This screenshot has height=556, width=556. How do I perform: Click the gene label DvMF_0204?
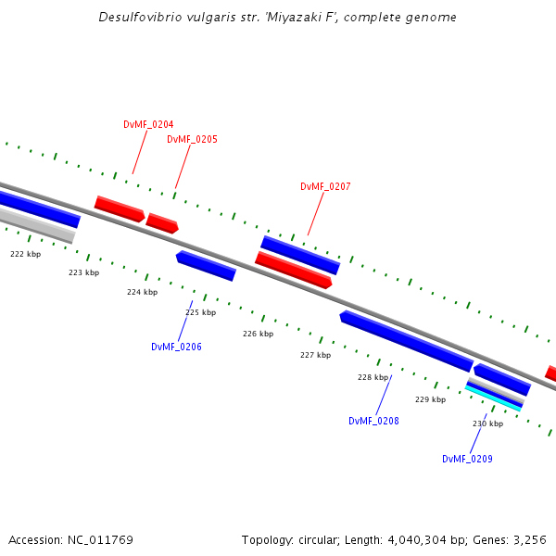(148, 124)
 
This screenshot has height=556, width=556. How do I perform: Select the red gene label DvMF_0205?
(192, 139)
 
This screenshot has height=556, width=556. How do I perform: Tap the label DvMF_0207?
(325, 186)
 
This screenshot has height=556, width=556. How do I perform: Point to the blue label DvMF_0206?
(176, 347)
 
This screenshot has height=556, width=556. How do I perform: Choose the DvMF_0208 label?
(373, 421)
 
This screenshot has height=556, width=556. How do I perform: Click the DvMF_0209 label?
(467, 459)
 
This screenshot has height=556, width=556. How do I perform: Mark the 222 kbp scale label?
(26, 254)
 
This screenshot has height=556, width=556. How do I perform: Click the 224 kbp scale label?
(142, 292)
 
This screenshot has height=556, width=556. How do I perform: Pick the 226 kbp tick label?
(258, 334)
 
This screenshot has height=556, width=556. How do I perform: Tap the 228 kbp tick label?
(373, 377)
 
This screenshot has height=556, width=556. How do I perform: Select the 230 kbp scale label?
(487, 423)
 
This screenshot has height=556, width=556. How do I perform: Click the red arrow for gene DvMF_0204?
(120, 208)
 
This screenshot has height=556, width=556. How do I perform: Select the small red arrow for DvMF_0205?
(161, 223)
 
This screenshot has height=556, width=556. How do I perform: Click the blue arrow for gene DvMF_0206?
(206, 265)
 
